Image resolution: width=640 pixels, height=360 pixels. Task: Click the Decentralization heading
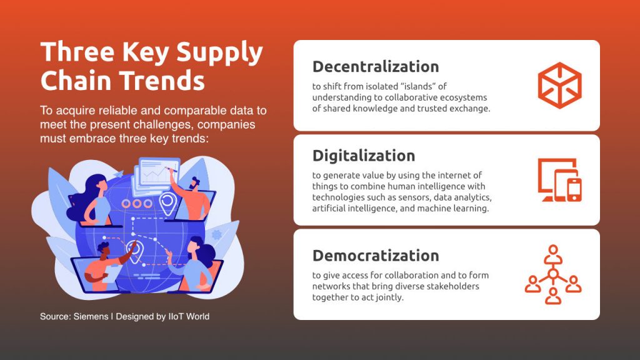pos(376,66)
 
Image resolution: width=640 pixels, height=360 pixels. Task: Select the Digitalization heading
pos(364,156)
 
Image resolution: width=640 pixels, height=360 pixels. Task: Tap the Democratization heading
pos(376,256)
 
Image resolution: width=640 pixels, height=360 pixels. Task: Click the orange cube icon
pos(559,85)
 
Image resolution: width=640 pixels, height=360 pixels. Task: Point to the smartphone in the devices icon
pos(574,190)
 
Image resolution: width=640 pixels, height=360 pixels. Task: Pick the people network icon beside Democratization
pos(553,274)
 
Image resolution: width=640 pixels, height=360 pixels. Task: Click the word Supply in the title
pos(219,53)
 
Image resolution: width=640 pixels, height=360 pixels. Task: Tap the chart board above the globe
pos(157,176)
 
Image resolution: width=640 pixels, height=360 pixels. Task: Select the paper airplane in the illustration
pos(117,174)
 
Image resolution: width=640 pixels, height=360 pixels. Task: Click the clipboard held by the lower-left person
pos(111,274)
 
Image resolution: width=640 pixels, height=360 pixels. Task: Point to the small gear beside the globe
pos(217,235)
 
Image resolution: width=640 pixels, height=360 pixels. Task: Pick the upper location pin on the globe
pos(167,203)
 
